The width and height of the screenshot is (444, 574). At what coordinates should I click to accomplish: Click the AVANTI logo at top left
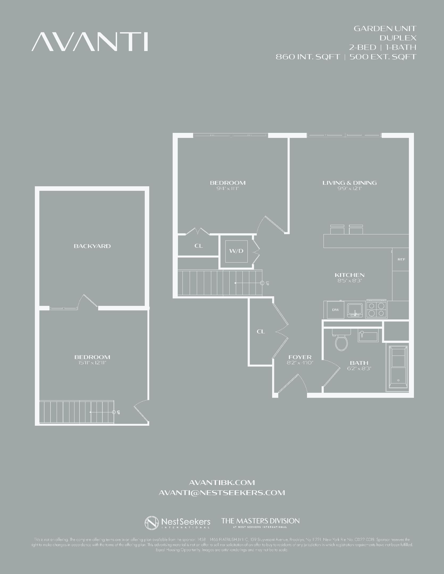[x=90, y=42]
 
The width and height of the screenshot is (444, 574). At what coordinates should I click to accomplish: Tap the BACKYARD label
[x=92, y=246]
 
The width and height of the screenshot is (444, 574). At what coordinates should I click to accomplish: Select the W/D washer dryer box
[x=236, y=251]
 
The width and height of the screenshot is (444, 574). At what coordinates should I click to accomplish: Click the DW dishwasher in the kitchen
[x=335, y=310]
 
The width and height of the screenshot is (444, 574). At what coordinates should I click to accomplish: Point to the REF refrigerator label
[x=401, y=259]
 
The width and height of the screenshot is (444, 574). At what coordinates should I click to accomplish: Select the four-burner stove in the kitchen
[x=376, y=309]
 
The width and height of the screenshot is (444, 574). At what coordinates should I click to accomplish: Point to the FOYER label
[x=300, y=357]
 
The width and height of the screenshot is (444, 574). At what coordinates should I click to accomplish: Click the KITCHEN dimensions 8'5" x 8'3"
[x=350, y=281]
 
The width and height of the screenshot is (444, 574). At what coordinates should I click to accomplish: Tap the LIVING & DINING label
[x=349, y=183]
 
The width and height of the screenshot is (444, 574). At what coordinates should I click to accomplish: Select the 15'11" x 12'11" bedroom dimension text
[x=92, y=363]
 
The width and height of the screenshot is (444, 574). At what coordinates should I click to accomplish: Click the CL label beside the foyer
[x=261, y=331]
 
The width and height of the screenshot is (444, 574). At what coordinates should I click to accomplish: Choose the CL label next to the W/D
[x=198, y=246]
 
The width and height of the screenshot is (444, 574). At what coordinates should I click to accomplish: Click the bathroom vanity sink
[x=368, y=336]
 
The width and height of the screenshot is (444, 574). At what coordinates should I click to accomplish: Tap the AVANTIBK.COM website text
[x=222, y=482]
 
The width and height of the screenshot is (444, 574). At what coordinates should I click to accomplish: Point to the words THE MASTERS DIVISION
[x=260, y=521]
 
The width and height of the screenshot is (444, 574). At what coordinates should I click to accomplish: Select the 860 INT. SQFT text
[x=308, y=57]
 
